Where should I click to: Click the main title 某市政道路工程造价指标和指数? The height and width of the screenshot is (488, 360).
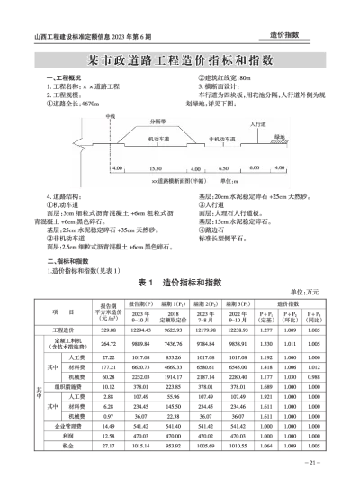pyautogui.click(x=180, y=61)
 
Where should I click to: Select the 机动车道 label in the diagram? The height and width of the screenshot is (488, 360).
pyautogui.click(x=154, y=141)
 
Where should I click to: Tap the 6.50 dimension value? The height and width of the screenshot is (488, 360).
pyautogui.click(x=224, y=168)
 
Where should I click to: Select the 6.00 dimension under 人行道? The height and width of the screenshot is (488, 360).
pyautogui.click(x=253, y=168)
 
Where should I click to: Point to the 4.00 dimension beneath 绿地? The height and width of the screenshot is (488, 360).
pyautogui.click(x=278, y=168)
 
